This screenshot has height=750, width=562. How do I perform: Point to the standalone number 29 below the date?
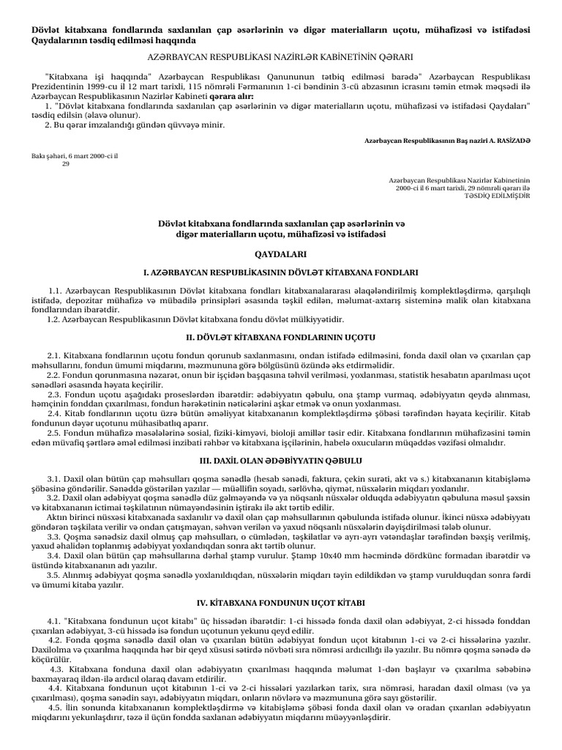(x=65, y=164)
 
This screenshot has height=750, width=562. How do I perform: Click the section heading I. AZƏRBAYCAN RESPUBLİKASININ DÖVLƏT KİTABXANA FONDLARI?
(x=281, y=271)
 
